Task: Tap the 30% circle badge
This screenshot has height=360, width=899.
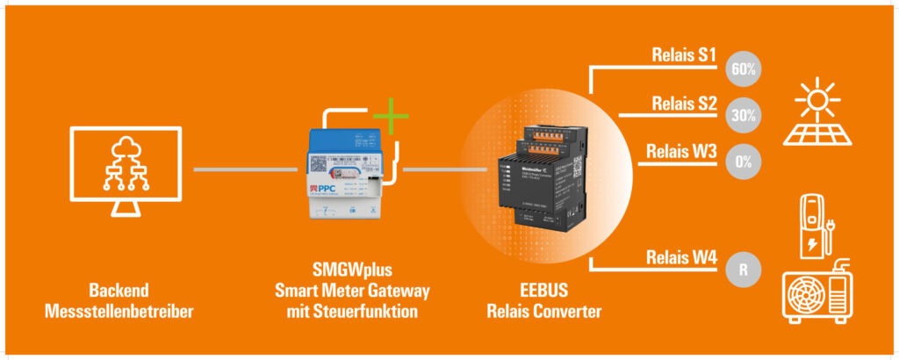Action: coord(744,115)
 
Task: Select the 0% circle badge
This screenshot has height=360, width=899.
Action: coord(744,162)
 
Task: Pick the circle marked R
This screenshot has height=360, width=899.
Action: coord(744,270)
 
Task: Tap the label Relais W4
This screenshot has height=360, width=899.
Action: coord(681,258)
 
